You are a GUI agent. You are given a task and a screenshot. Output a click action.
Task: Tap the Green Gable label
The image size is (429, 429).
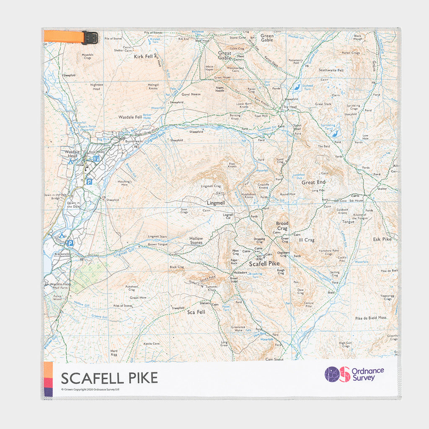pos(267,38)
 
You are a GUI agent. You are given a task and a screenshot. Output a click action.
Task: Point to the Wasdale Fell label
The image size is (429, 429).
pos(130,117)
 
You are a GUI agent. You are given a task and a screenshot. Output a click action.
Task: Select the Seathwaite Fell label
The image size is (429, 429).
pos(331,70)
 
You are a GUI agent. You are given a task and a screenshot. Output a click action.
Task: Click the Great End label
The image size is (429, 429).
pos(313,182)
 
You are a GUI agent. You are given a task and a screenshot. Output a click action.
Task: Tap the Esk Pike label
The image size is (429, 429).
pos(382,239)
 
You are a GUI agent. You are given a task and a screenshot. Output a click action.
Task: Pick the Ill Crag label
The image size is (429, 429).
pos(306,240)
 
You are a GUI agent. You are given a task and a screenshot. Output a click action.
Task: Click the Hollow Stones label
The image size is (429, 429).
pos(196,241)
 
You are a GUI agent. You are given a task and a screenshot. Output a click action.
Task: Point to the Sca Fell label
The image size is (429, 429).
pos(195,312)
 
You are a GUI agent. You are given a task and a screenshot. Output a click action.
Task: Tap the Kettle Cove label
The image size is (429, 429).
pos(152,344)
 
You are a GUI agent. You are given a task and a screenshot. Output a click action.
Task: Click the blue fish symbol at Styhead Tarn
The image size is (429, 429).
pos(297,88)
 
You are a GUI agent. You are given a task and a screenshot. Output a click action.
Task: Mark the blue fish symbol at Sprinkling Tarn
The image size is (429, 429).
pos(334,134)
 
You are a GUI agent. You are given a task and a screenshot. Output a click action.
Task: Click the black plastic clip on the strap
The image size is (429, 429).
pos(90,38)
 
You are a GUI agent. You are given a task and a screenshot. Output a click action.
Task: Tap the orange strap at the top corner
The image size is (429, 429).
pos(63,36)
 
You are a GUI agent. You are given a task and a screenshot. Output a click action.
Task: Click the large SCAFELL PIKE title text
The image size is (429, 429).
pos(109,378)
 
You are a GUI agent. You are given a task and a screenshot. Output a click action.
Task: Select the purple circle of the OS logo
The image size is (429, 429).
pos(332,374)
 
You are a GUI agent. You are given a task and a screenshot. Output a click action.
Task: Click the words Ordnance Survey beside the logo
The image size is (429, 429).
pos(367,374)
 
